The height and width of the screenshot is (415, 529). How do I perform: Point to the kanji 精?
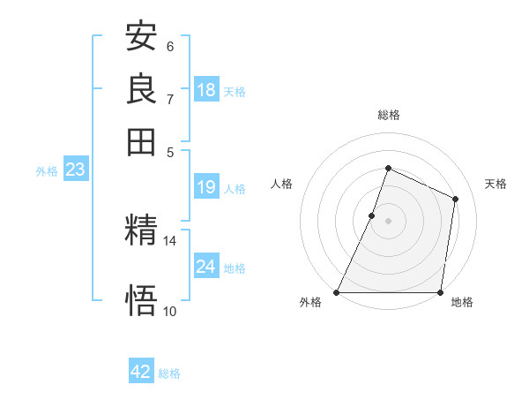point(142,231)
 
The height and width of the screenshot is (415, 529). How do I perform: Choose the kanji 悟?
point(142,301)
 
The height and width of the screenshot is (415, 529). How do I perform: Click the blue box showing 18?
point(206,90)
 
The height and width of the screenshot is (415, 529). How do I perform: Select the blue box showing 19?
point(206,187)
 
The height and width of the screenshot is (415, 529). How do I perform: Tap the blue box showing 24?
point(206,267)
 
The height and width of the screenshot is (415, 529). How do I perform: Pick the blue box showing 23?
point(75,170)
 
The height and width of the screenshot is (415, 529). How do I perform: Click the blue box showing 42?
point(141,372)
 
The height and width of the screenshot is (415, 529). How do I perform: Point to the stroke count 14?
point(170,240)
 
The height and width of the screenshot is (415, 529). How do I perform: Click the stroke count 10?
point(170,311)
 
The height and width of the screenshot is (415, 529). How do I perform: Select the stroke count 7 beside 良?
point(170,99)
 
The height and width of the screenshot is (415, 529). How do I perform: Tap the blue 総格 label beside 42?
point(169,373)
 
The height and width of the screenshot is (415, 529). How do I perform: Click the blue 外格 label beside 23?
point(47,172)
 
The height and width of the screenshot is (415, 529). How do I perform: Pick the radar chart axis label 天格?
point(495,184)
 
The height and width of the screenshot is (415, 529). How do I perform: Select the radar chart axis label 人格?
point(282,184)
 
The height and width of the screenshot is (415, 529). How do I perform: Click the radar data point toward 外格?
point(337,292)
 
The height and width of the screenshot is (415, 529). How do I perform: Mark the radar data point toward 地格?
point(441,292)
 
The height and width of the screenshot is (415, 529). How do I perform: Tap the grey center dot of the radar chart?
point(389,221)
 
